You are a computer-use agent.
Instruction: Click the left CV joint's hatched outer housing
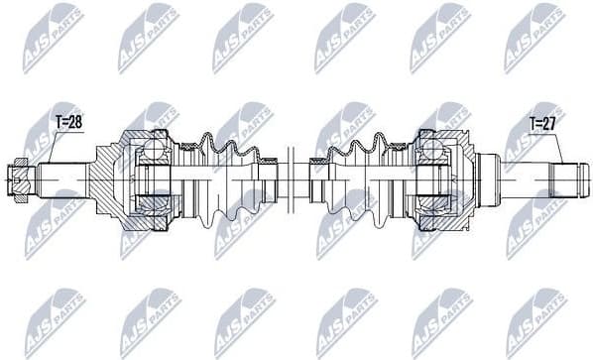point(107,181)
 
